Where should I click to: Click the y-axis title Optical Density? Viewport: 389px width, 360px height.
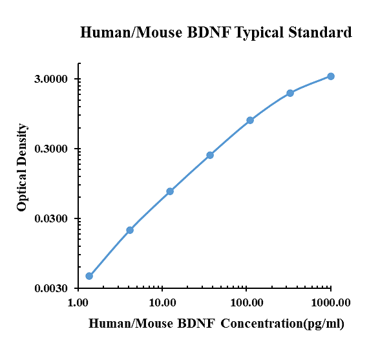23,167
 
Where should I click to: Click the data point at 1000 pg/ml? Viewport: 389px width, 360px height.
331,76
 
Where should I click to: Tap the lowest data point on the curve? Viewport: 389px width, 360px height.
89,276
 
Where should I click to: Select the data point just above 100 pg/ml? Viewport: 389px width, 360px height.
250,120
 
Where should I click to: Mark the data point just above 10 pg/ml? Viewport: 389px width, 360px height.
170,191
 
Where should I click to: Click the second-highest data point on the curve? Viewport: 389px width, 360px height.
290,93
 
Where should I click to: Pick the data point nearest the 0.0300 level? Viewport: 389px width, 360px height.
130,230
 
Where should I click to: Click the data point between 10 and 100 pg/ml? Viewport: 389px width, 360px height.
210,155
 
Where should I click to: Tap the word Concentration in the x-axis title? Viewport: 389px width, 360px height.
260,324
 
